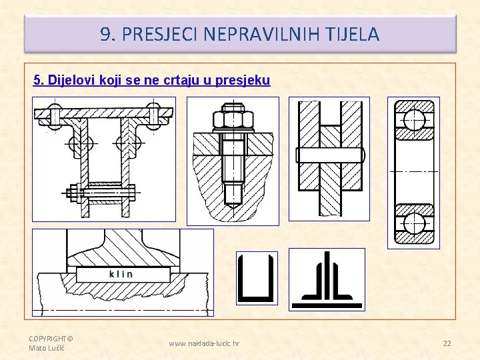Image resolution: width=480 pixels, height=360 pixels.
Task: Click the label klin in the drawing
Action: pyautogui.click(x=121, y=274)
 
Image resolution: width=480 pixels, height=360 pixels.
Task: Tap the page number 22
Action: pyautogui.click(x=447, y=343)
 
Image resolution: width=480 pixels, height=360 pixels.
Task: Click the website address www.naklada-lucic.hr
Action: pyautogui.click(x=204, y=343)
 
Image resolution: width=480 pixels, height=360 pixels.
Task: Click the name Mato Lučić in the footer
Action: pyautogui.click(x=45, y=348)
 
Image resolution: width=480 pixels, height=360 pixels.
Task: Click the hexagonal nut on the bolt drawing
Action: pyautogui.click(x=233, y=120)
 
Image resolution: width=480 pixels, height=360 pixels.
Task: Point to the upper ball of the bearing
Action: pyautogui.click(x=414, y=119)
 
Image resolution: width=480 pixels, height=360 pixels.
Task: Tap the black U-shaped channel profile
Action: pyautogui.click(x=257, y=279)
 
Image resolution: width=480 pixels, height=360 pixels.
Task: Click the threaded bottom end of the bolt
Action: pyautogui.click(x=233, y=194)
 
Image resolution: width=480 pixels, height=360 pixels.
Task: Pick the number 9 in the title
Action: pyautogui.click(x=105, y=34)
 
